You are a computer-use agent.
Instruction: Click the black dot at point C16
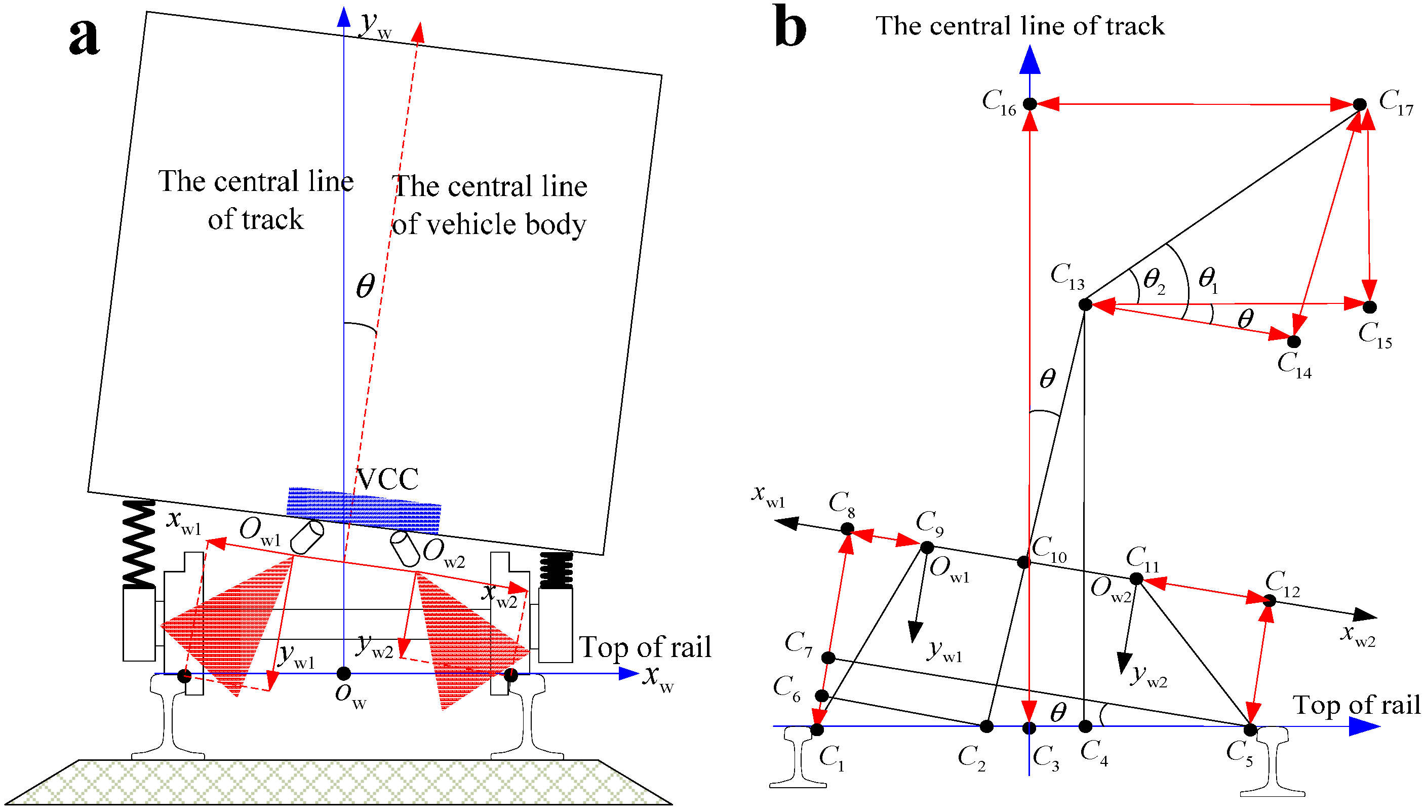pyautogui.click(x=1030, y=103)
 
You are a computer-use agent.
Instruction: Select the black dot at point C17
pyautogui.click(x=1359, y=104)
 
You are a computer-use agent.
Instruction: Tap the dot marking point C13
pyautogui.click(x=1085, y=304)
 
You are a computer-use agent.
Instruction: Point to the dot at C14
pyautogui.click(x=1294, y=341)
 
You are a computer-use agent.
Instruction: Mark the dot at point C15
pyautogui.click(x=1370, y=306)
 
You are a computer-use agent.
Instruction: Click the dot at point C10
pyautogui.click(x=1023, y=562)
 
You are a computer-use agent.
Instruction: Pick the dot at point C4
pyautogui.click(x=1085, y=726)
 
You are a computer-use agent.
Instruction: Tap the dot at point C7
pyautogui.click(x=828, y=658)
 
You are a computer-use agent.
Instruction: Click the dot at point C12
pyautogui.click(x=1270, y=601)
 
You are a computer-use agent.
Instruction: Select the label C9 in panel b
pyautogui.click(x=930, y=523)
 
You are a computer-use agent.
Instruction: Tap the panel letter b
pyautogui.click(x=789, y=27)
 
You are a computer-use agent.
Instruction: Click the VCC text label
pyautogui.click(x=387, y=479)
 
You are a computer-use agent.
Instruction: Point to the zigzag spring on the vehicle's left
pyautogui.click(x=138, y=543)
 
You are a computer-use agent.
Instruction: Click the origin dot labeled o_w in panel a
pyautogui.click(x=344, y=674)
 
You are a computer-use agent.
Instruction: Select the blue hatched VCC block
pyautogui.click(x=364, y=510)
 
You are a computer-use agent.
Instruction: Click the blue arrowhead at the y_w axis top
pyautogui.click(x=344, y=17)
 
